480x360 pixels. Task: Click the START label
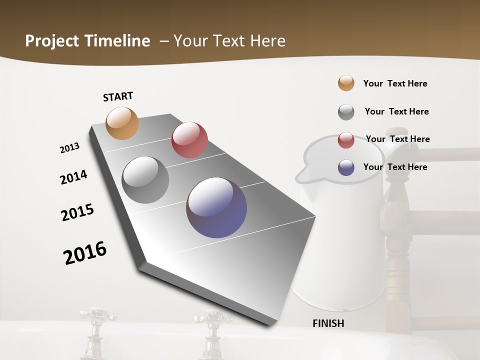coord(118,96)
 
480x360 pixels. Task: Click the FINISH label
coord(328,323)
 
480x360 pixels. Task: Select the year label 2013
coord(69,148)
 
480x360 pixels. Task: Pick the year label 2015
coord(77,212)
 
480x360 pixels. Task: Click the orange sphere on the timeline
coord(122,123)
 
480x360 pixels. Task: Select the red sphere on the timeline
coord(189,139)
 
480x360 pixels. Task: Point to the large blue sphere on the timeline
coord(216,207)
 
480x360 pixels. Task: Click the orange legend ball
coord(346,83)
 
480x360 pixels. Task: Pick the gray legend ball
coord(346,112)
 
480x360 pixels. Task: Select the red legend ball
coord(346,140)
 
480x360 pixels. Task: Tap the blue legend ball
coord(346,167)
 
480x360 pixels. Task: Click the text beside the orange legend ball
coord(395,83)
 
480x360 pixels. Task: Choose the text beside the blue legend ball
coord(395,167)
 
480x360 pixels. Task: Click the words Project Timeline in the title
coord(87,41)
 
